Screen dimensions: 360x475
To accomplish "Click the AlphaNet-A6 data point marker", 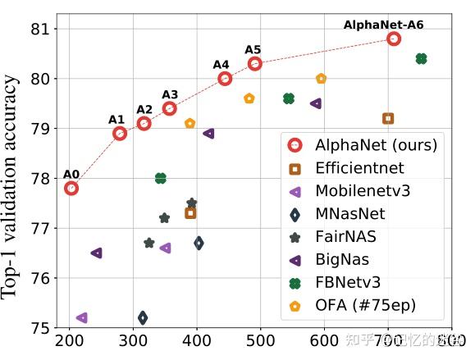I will click(x=394, y=39).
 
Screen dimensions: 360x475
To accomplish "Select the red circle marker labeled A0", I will click(x=71, y=188).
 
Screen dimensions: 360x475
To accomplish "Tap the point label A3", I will click(x=170, y=94).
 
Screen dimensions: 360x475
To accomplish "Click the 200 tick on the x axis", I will click(x=70, y=339).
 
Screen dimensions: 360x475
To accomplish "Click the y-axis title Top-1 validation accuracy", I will click(x=11, y=187).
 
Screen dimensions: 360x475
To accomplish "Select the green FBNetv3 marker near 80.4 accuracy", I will click(x=421, y=58).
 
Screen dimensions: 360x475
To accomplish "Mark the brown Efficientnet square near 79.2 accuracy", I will click(x=388, y=118).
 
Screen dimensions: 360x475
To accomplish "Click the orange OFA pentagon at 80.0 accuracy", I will click(x=322, y=79).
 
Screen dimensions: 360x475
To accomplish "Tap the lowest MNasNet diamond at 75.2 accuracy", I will click(x=143, y=317).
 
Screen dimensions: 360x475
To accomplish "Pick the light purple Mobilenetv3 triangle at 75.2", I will click(x=81, y=317).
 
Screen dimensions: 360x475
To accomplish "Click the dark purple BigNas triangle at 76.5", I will click(x=96, y=253).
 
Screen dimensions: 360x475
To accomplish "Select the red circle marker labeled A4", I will click(x=225, y=79).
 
